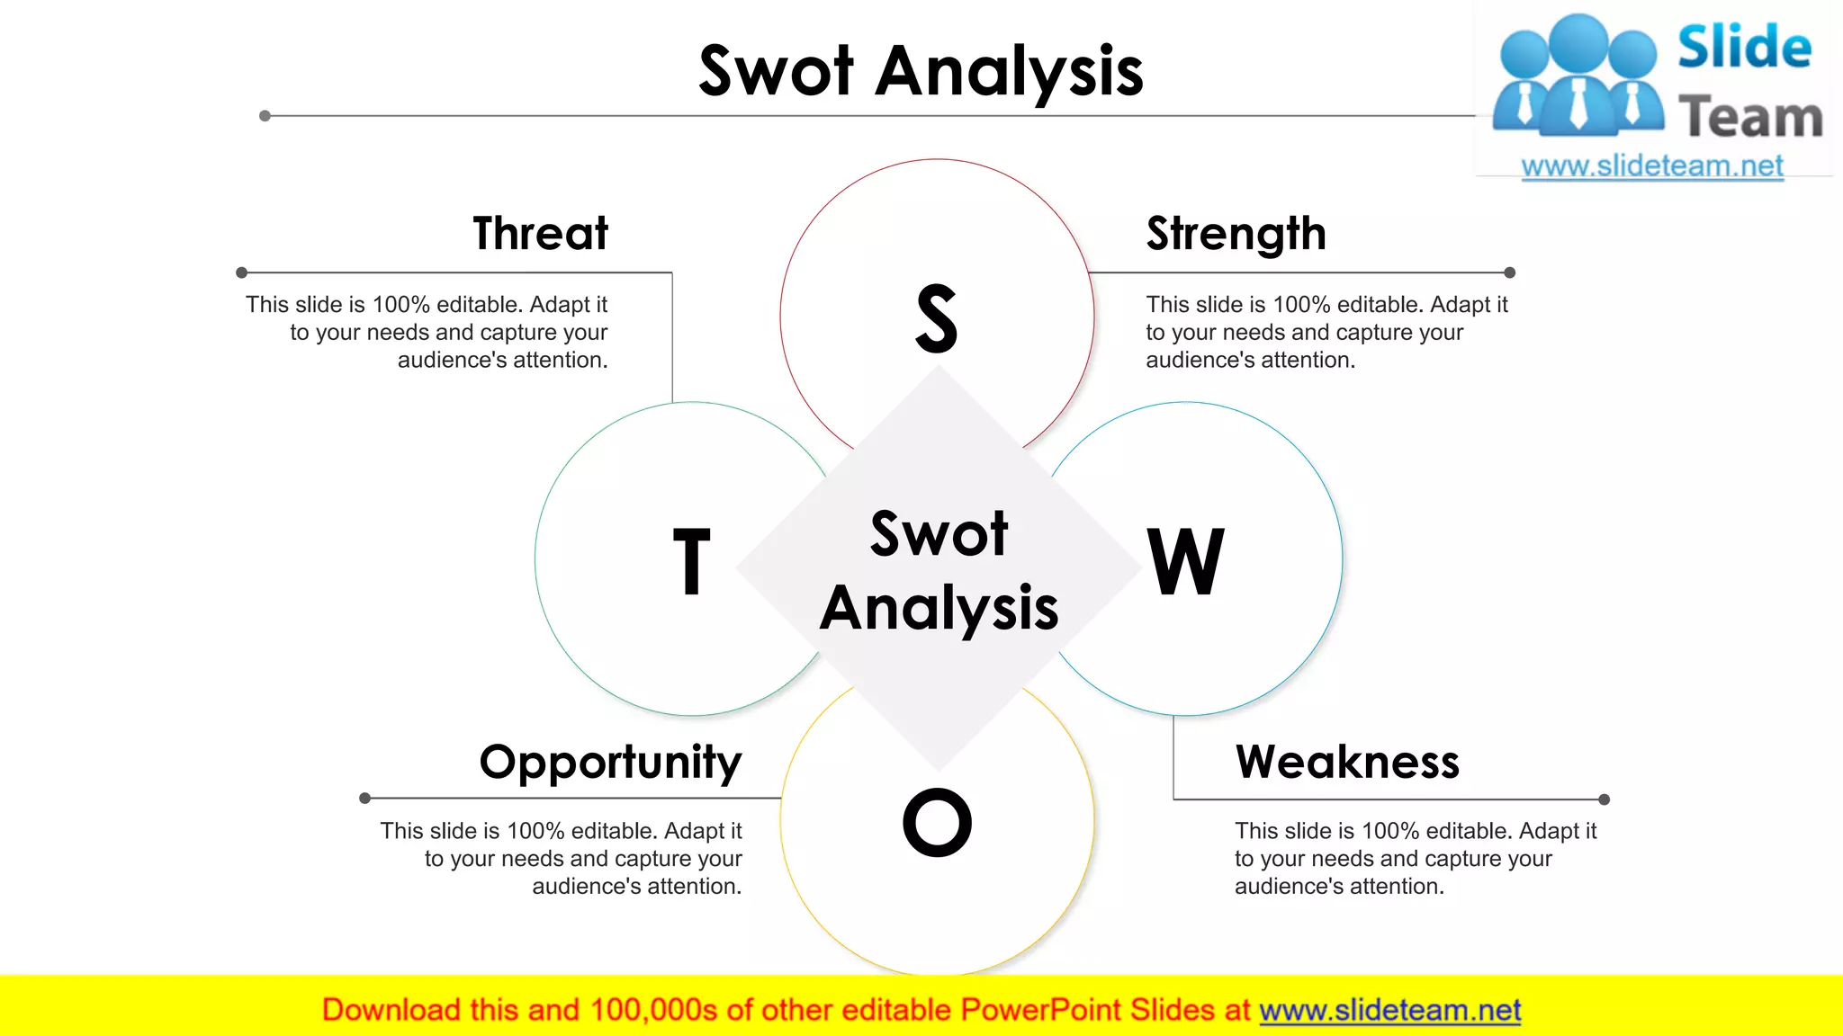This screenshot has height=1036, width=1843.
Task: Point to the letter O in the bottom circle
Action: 937,822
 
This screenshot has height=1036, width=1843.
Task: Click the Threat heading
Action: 540,233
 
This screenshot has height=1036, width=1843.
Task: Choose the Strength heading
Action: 1236,234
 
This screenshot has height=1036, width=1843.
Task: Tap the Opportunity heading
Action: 610,763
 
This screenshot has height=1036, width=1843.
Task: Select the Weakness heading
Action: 1346,762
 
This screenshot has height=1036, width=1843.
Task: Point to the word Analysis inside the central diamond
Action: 939,608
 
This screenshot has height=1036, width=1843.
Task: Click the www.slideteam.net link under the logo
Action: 1652,165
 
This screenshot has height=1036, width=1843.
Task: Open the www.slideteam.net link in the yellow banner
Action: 1389,1010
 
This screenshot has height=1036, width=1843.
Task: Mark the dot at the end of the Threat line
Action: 241,272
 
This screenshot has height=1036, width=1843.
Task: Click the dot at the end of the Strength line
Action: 1510,272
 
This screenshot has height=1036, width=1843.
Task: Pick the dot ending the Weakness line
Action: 1604,799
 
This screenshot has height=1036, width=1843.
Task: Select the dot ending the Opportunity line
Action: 364,798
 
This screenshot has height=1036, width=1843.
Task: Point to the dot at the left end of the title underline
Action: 265,116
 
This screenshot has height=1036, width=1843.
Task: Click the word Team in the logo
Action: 1750,118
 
